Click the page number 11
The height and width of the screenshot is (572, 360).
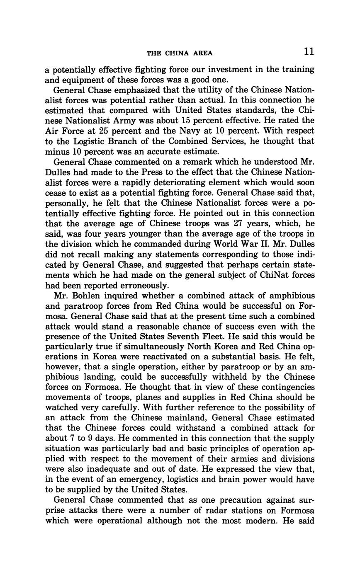point(309,51)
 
